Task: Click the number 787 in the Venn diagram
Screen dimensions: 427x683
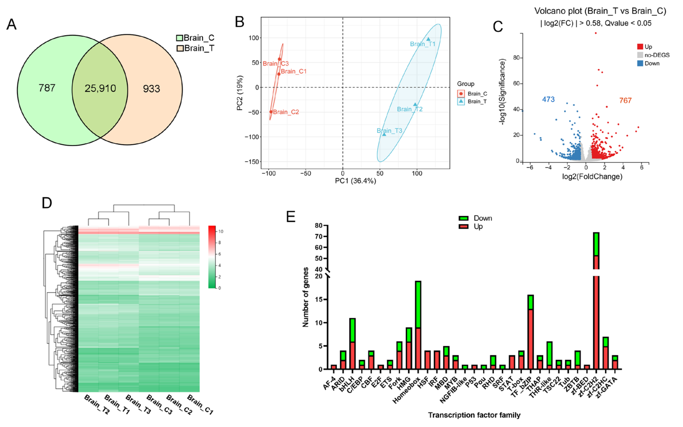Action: click(x=47, y=88)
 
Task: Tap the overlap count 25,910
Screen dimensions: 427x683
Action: click(x=100, y=89)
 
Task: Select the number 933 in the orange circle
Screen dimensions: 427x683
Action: click(x=151, y=89)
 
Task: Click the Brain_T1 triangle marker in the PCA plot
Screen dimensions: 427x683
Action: click(x=428, y=39)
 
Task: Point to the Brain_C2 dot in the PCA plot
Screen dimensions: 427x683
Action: click(x=271, y=112)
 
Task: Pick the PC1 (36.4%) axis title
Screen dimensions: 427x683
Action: click(x=355, y=181)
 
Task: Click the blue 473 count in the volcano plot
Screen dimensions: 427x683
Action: click(x=548, y=99)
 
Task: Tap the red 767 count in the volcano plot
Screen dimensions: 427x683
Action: click(x=625, y=100)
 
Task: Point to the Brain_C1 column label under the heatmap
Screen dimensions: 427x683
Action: click(x=200, y=404)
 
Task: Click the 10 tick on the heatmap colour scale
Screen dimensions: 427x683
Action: click(x=221, y=231)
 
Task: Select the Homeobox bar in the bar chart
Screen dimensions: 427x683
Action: click(x=418, y=325)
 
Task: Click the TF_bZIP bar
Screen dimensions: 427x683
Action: click(x=530, y=332)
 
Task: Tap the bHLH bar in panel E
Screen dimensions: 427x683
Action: click(x=352, y=343)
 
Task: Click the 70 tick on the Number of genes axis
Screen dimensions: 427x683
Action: click(x=319, y=236)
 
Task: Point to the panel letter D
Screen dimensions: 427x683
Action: click(x=47, y=203)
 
